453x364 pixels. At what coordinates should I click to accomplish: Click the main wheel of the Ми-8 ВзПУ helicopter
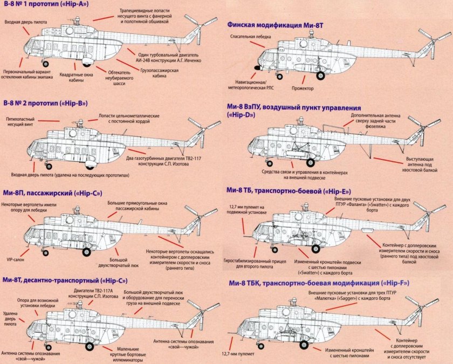pos(311,161)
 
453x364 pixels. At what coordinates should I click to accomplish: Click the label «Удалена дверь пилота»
pos(10,320)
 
